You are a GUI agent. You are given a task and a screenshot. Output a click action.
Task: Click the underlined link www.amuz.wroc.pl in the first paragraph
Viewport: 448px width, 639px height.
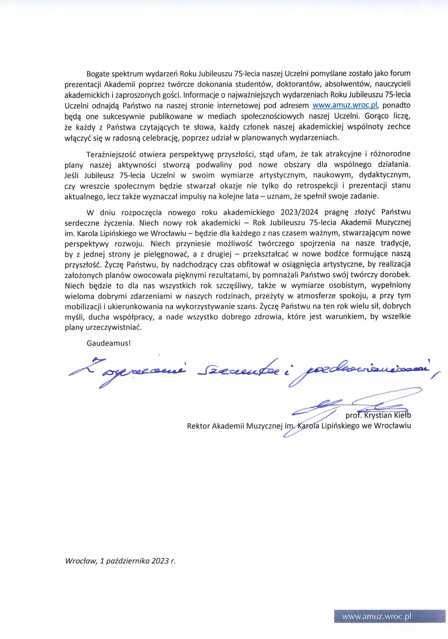[x=345, y=105]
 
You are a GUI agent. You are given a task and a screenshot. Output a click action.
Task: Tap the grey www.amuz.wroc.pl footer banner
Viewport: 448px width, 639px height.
[x=390, y=616]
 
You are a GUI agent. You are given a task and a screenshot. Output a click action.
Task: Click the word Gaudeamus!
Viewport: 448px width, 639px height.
[x=109, y=343]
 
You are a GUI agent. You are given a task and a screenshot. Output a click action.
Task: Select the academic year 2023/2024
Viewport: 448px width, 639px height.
[x=299, y=212]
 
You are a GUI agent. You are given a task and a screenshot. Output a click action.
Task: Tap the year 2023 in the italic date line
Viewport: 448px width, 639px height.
[x=159, y=561]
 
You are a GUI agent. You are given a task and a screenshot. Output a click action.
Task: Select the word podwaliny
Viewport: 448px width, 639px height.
[x=214, y=164]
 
